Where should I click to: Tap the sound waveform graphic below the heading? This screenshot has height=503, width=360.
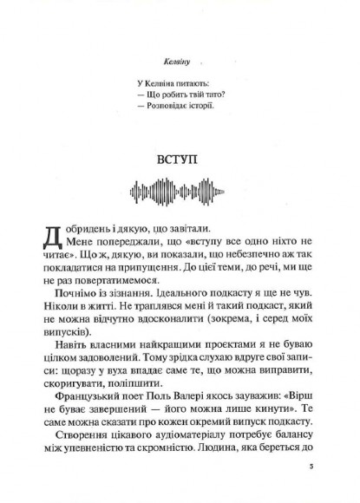point(180,191)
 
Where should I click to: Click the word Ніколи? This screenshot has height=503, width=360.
point(63,316)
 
